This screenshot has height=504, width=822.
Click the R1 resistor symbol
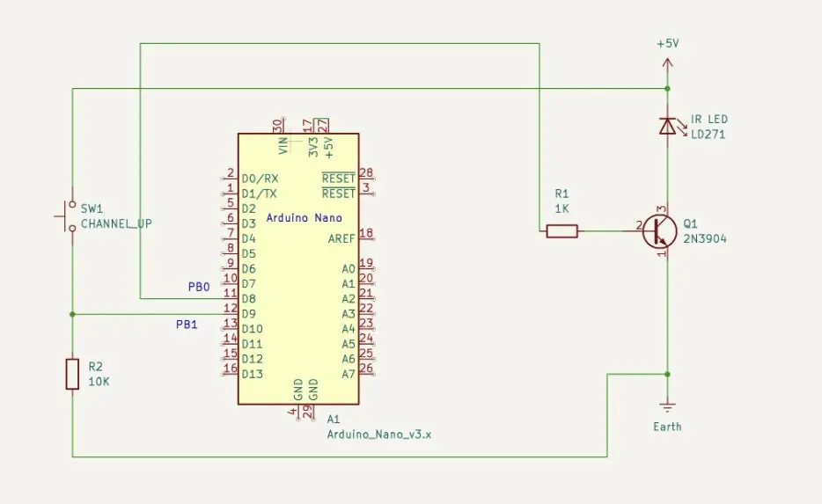click(561, 231)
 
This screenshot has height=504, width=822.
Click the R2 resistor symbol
click(72, 374)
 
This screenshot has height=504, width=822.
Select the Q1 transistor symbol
click(658, 231)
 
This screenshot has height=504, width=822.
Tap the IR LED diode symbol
click(667, 127)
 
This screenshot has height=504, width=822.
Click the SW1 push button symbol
click(69, 216)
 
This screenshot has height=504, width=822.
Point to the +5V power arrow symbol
click(667, 63)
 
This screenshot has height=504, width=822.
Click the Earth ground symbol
click(667, 406)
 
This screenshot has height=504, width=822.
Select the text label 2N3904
click(705, 239)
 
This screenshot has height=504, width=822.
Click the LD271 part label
click(708, 135)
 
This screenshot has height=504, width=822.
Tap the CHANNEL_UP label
click(116, 224)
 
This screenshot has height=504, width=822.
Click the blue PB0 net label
click(199, 287)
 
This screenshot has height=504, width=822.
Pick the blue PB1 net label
click(187, 325)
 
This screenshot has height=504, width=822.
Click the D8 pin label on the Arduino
click(248, 298)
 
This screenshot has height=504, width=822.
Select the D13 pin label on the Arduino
click(252, 374)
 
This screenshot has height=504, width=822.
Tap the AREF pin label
click(341, 238)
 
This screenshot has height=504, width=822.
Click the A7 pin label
click(348, 374)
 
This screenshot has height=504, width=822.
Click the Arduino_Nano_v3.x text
click(378, 434)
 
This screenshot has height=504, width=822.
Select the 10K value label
click(99, 382)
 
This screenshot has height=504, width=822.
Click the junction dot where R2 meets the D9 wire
click(72, 314)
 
